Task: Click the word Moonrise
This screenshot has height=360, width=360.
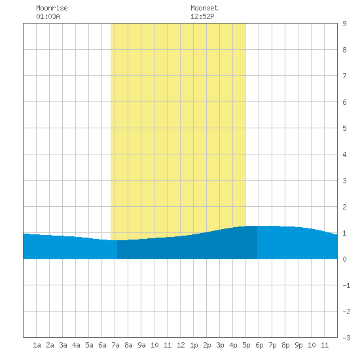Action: tap(52, 8)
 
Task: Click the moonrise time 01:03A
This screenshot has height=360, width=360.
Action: tap(48, 16)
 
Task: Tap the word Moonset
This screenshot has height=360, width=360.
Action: tap(204, 8)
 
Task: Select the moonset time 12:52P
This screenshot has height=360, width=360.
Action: tap(202, 16)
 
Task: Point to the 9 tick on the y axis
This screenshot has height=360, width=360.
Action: tap(344, 24)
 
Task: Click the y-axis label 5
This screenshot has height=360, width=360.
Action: tap(344, 128)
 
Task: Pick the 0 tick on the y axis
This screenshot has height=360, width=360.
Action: tap(344, 259)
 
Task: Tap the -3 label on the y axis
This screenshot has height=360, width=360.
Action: tap(346, 338)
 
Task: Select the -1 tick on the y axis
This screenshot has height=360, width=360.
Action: tap(346, 285)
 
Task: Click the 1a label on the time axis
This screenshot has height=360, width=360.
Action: tap(37, 345)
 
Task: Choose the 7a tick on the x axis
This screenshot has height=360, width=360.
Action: tap(115, 345)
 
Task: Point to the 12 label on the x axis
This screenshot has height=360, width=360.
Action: tap(181, 345)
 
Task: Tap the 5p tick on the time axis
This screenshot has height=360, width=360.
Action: tap(246, 345)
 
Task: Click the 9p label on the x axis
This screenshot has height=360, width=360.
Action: tap(298, 345)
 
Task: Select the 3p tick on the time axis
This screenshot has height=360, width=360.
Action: tap(220, 345)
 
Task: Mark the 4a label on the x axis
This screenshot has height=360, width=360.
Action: tap(76, 345)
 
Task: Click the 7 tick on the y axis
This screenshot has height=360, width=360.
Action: tap(344, 76)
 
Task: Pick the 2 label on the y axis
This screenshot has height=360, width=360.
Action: tap(344, 207)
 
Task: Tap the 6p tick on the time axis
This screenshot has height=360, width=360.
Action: tap(259, 345)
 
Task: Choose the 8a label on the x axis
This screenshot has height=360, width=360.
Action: tap(128, 345)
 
